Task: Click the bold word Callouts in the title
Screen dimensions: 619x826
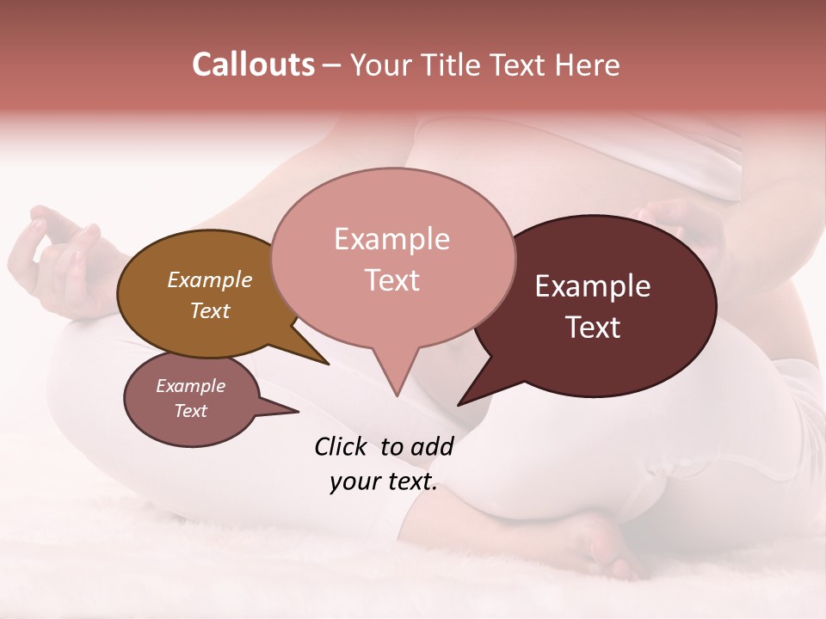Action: (x=253, y=64)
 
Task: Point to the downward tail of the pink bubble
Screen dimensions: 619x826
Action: (x=396, y=378)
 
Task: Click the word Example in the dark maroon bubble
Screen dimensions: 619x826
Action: (x=592, y=287)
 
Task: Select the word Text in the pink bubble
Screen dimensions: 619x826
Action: (x=392, y=280)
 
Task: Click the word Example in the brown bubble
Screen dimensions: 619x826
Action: (x=209, y=280)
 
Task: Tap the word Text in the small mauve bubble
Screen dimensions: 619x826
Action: (x=190, y=411)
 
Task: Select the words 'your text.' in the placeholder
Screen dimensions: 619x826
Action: (x=383, y=481)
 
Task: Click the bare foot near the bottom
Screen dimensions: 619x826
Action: (x=602, y=546)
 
